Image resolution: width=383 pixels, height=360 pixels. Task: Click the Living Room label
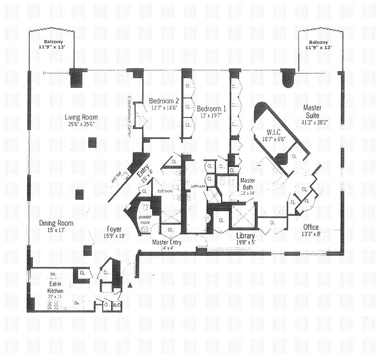(81, 117)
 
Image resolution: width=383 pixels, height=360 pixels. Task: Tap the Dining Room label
(56, 223)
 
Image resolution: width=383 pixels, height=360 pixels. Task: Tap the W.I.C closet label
(273, 132)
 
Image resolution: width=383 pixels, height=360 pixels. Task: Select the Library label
(245, 236)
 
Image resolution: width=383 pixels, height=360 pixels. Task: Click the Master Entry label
(167, 242)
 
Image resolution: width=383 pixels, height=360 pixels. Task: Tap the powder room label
(145, 219)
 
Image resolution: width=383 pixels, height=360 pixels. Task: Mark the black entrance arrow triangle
(130, 285)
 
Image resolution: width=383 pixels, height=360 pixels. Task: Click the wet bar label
(116, 177)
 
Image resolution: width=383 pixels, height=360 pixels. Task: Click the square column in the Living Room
(92, 143)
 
